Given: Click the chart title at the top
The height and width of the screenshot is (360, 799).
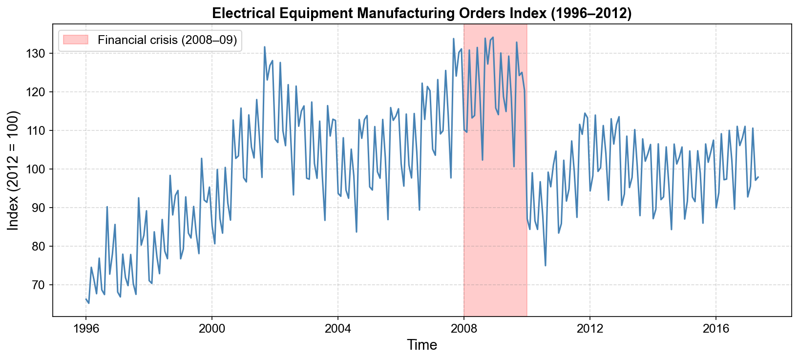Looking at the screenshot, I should (422, 13).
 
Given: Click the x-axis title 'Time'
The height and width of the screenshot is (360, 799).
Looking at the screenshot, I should (422, 345).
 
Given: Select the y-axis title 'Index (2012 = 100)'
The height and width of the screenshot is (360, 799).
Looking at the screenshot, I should (13, 170).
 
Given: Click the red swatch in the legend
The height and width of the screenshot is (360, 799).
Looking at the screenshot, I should (75, 40).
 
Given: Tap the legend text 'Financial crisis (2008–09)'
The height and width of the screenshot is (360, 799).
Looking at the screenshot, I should (167, 40).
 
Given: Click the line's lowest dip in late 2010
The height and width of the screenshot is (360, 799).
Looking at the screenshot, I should (546, 266).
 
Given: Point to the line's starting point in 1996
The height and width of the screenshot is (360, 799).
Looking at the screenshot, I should (86, 299).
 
